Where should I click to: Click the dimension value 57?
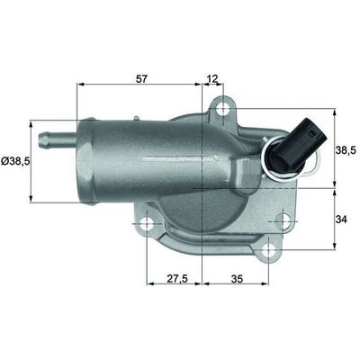pyautogui.click(x=140, y=78)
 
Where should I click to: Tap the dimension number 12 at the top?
pyautogui.click(x=212, y=78)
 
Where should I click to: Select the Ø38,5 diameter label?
pyautogui.click(x=15, y=160)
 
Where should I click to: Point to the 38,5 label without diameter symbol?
pyautogui.click(x=346, y=148)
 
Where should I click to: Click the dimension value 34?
pyautogui.click(x=343, y=219)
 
